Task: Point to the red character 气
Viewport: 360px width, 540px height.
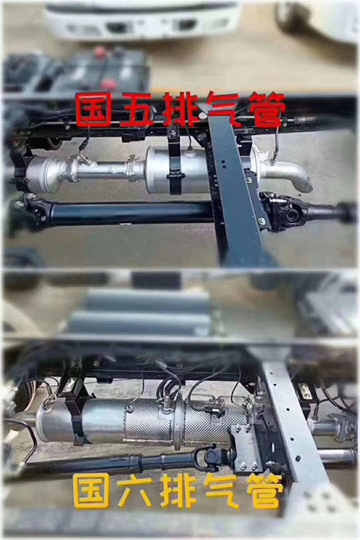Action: click(220, 109)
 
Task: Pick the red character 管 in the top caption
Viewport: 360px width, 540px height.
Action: click(264, 109)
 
